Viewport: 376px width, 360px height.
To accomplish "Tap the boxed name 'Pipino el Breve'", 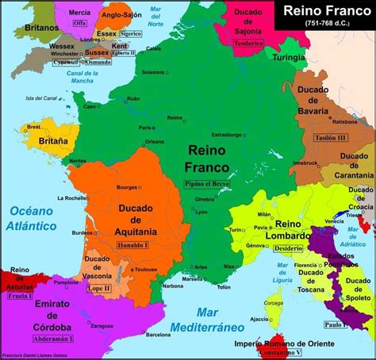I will (208, 183).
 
